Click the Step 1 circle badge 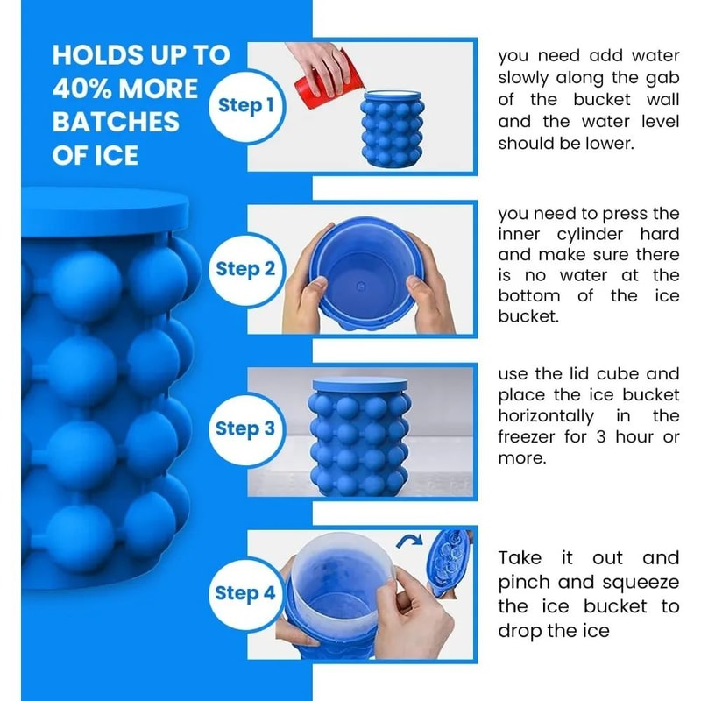point(245,105)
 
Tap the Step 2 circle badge point(245,268)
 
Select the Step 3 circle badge point(245,428)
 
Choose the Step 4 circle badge point(245,593)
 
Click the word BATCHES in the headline point(116,122)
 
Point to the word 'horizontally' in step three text point(545,415)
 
